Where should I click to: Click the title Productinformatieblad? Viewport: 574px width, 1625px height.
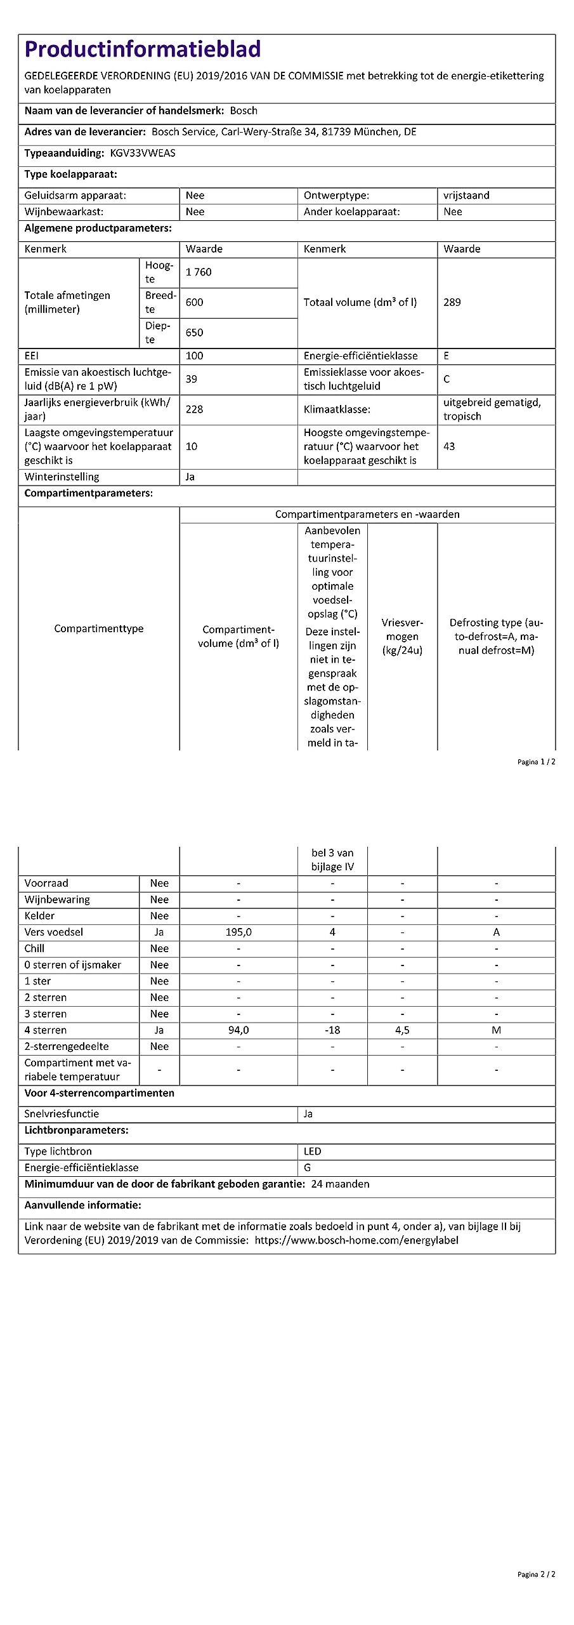pyautogui.click(x=143, y=50)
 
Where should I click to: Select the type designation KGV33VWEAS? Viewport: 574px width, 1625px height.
pyautogui.click(x=143, y=153)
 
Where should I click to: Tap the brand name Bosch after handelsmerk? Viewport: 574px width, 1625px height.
pyautogui.click(x=244, y=110)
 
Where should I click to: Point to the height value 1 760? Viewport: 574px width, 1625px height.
pyautogui.click(x=199, y=272)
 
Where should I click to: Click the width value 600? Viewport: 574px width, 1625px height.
pyautogui.click(x=194, y=302)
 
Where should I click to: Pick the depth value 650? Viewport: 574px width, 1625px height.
pyautogui.click(x=194, y=333)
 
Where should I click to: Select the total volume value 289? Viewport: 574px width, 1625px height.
pyautogui.click(x=452, y=302)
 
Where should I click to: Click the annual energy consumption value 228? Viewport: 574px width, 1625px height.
pyautogui.click(x=194, y=409)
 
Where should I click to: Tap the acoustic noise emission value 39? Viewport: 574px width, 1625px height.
pyautogui.click(x=191, y=379)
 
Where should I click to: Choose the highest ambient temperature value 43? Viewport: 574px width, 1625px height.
pyautogui.click(x=449, y=446)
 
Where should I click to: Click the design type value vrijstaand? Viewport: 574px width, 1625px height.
pyautogui.click(x=466, y=196)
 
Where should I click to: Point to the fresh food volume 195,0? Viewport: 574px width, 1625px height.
pyautogui.click(x=238, y=932)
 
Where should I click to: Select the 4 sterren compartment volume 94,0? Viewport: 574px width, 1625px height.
pyautogui.click(x=238, y=1030)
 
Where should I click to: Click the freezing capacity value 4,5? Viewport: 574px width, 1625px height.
pyautogui.click(x=402, y=1030)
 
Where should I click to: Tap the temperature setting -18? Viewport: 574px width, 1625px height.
pyautogui.click(x=332, y=1030)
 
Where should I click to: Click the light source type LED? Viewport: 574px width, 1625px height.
pyautogui.click(x=312, y=1151)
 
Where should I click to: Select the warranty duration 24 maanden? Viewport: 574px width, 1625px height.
pyautogui.click(x=340, y=1184)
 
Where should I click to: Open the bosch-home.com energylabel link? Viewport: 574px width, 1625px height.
pyautogui.click(x=356, y=1240)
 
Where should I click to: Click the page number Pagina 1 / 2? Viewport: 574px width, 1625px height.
pyautogui.click(x=536, y=762)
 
